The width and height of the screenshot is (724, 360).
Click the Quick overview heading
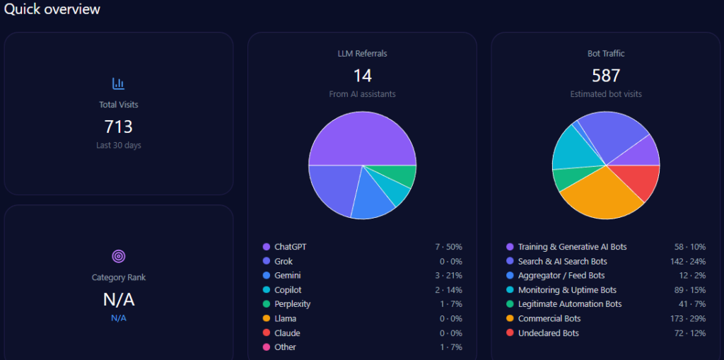[52, 9]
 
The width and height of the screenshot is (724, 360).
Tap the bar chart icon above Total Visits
[118, 83]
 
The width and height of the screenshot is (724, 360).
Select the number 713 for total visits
[118, 127]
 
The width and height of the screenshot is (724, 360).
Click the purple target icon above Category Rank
[118, 256]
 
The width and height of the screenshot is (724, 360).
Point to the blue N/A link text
[118, 318]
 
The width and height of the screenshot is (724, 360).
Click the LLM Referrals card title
[362, 53]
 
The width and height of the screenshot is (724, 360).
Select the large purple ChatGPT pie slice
[362, 138]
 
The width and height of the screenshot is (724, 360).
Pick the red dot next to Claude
[267, 333]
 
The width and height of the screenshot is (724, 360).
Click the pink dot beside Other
[267, 347]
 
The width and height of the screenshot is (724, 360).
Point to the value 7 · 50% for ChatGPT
[448, 247]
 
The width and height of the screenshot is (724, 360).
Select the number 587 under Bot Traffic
[606, 76]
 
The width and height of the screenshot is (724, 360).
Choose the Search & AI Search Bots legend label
[562, 261]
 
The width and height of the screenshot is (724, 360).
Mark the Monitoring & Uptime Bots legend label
[567, 290]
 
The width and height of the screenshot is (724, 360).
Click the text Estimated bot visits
[606, 94]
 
